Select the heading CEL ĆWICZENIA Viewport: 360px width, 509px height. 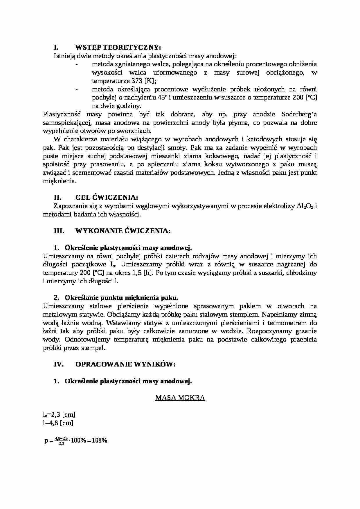coord(107,198)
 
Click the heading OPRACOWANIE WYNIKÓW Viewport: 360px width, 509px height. coord(125,364)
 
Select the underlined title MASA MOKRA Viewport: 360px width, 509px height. coord(180,398)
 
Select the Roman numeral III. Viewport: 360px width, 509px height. coord(59,231)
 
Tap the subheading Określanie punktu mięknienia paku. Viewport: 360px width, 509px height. coord(121,298)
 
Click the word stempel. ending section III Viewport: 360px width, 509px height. coord(94,348)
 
